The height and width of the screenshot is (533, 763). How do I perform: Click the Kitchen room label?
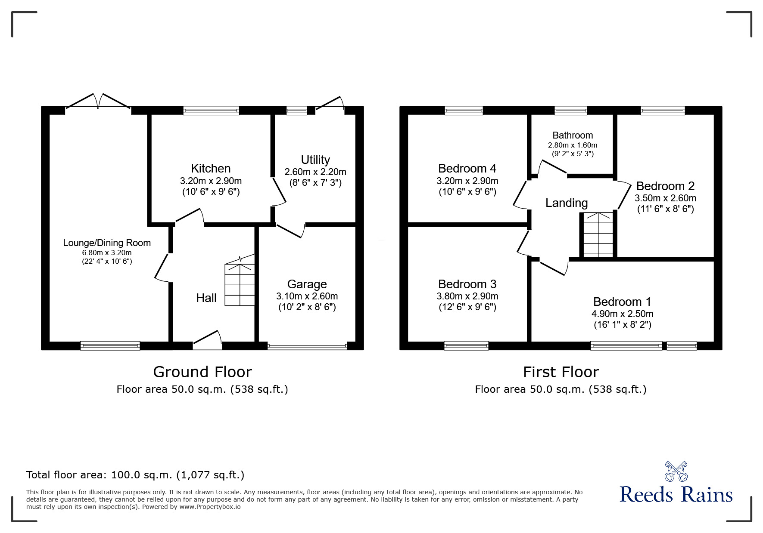(211, 169)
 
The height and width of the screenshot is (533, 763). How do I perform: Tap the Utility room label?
(315, 160)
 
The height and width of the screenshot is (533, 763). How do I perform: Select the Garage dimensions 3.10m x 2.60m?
(307, 296)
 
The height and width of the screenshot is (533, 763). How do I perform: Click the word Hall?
(206, 298)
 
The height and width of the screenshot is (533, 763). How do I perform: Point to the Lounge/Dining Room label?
(107, 243)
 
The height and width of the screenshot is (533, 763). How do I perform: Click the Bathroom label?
(573, 136)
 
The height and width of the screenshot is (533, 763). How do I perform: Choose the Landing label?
(567, 203)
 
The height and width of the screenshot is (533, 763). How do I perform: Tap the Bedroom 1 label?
(622, 302)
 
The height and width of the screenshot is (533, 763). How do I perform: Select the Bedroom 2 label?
(665, 186)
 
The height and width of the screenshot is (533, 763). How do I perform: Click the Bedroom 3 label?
(467, 284)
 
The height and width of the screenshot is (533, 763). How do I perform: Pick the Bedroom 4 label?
(467, 169)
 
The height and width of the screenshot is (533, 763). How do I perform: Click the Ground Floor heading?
(202, 372)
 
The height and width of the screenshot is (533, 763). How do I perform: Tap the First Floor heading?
(561, 372)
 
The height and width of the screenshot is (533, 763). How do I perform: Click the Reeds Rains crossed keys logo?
(676, 471)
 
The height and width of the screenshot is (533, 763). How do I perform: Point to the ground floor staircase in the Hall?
(240, 284)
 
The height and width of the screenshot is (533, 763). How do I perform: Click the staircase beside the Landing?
(598, 235)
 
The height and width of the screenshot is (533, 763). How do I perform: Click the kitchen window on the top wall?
(211, 111)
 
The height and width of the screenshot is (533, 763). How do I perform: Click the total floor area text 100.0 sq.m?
(135, 475)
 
